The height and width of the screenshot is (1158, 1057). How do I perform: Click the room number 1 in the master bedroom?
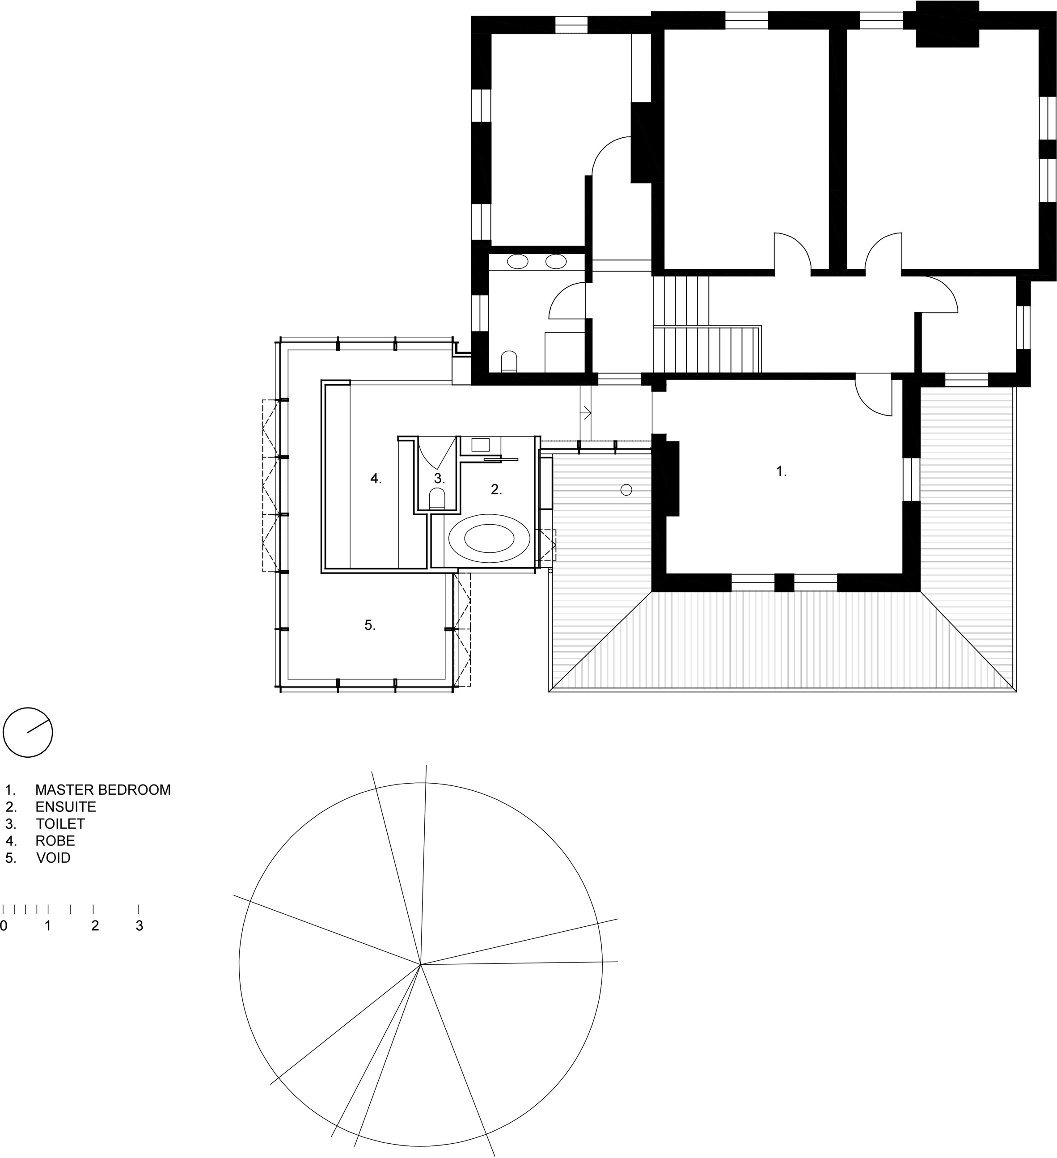point(781,471)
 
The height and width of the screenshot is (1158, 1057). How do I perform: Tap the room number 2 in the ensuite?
point(496,489)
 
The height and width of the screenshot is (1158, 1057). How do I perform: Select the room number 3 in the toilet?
point(439,478)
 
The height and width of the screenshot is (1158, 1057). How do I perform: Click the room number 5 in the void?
point(370,625)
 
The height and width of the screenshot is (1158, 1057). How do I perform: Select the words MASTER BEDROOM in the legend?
point(103,790)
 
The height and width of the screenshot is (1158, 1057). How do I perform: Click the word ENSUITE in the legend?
point(65,807)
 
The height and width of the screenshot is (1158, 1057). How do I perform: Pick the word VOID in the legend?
point(53,858)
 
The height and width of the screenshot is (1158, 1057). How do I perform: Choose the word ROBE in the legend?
point(55,841)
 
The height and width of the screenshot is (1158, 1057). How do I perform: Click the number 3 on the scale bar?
point(139,925)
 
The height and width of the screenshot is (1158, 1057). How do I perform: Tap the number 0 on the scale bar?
point(4,925)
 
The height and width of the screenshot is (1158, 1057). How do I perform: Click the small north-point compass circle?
point(28,732)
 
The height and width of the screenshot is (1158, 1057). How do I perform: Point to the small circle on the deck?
point(626,490)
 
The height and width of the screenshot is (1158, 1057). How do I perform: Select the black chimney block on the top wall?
point(947,24)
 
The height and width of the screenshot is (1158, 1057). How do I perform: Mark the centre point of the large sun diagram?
point(421,964)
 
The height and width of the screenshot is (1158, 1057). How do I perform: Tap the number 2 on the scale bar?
point(95,925)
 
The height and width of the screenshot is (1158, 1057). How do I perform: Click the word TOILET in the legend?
point(60,824)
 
